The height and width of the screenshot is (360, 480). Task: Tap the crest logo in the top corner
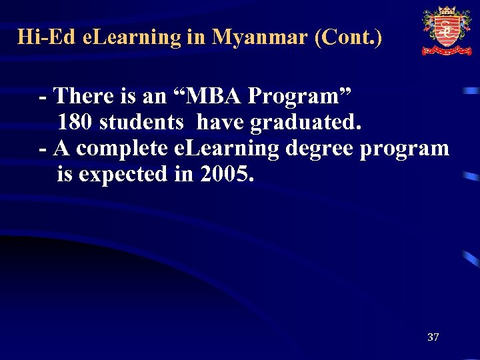click(446, 31)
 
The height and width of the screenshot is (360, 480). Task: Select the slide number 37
click(433, 337)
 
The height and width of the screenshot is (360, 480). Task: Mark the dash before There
click(43, 97)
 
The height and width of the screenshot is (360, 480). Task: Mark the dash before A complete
click(43, 149)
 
